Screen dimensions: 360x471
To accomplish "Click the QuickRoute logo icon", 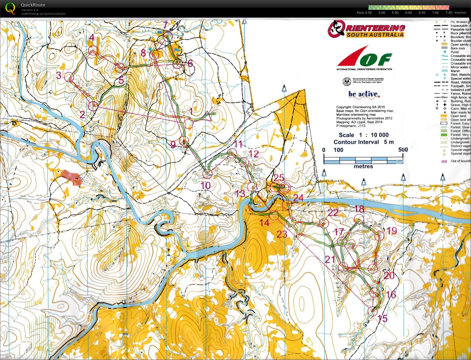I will (10, 8).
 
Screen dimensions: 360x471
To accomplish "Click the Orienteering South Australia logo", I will (367, 29).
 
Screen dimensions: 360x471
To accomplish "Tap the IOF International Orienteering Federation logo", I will (364, 58).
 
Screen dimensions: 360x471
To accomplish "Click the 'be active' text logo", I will (364, 94).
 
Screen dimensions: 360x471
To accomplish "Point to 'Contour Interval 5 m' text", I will (364, 142).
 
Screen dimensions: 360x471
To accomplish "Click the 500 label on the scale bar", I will (403, 150).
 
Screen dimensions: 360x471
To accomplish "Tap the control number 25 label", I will (279, 177).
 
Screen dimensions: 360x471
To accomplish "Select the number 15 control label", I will (382, 318).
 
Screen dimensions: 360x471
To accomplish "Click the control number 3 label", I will (59, 75).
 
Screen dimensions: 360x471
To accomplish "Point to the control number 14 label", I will (264, 222).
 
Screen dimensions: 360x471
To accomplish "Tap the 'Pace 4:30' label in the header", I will (364, 13).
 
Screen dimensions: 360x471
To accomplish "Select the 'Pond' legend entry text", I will (454, 52).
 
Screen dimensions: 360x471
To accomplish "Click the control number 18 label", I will (359, 209).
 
